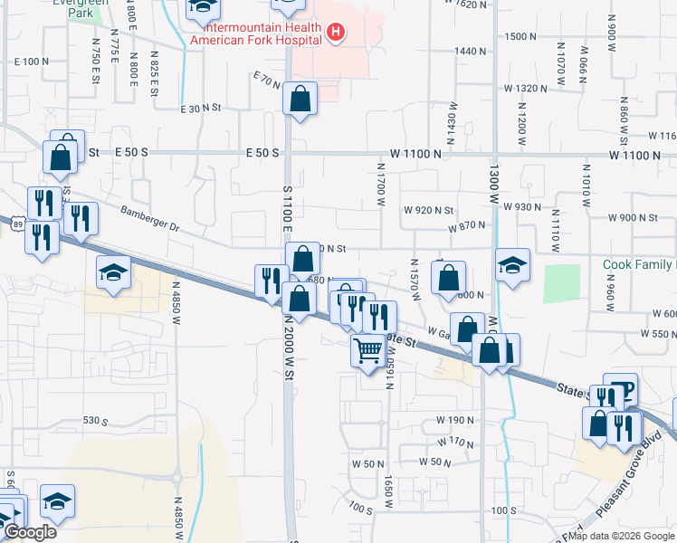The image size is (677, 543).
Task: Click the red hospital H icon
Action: pyautogui.click(x=336, y=33)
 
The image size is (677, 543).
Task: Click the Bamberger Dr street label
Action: pyautogui.click(x=150, y=218)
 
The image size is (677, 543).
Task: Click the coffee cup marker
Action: pyautogui.click(x=621, y=390)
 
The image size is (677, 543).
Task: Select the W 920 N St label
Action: pyautogui.click(x=428, y=210)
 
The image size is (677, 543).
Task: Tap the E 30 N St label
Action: pyautogui.click(x=201, y=109)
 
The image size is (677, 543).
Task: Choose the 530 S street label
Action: pyautogui.click(x=95, y=422)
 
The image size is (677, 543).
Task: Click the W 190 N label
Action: pyautogui.click(x=455, y=420)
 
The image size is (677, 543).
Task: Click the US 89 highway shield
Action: pyautogui.click(x=18, y=222)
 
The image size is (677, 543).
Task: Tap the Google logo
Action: pyautogui.click(x=29, y=532)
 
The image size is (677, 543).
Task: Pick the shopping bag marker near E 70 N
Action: pyautogui.click(x=300, y=100)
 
